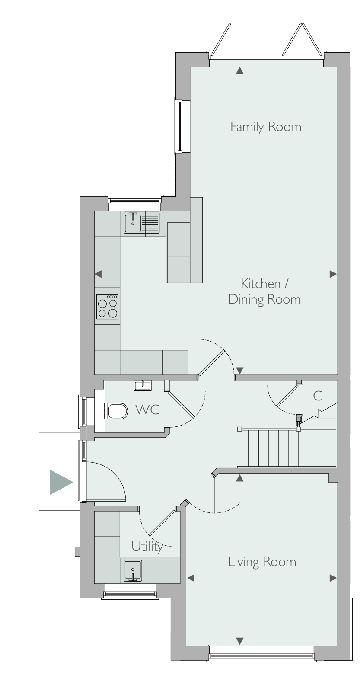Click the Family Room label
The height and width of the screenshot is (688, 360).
(x=266, y=127)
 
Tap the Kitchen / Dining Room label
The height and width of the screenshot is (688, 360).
(x=264, y=291)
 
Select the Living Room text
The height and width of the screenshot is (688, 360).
(x=262, y=562)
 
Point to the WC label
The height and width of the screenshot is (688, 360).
(x=148, y=410)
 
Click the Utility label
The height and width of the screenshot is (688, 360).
(x=147, y=547)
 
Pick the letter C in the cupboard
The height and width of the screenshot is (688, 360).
(x=318, y=396)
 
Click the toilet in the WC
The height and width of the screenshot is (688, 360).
(x=116, y=411)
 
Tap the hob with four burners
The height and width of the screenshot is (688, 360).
(x=108, y=307)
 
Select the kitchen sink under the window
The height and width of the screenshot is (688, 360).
(x=142, y=223)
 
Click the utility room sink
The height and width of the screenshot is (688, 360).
(x=133, y=570)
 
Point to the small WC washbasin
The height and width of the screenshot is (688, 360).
(x=143, y=385)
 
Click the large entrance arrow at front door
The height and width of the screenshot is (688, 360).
(x=61, y=482)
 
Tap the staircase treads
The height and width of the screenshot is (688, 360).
(x=268, y=448)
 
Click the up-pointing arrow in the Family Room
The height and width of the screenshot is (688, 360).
(x=240, y=71)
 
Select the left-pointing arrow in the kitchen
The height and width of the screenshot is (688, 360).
(x=98, y=274)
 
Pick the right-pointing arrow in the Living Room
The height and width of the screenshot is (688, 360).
(x=333, y=578)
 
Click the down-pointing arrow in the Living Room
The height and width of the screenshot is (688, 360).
(x=240, y=641)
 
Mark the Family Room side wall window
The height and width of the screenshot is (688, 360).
(x=178, y=126)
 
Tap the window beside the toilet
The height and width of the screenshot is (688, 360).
(x=83, y=411)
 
